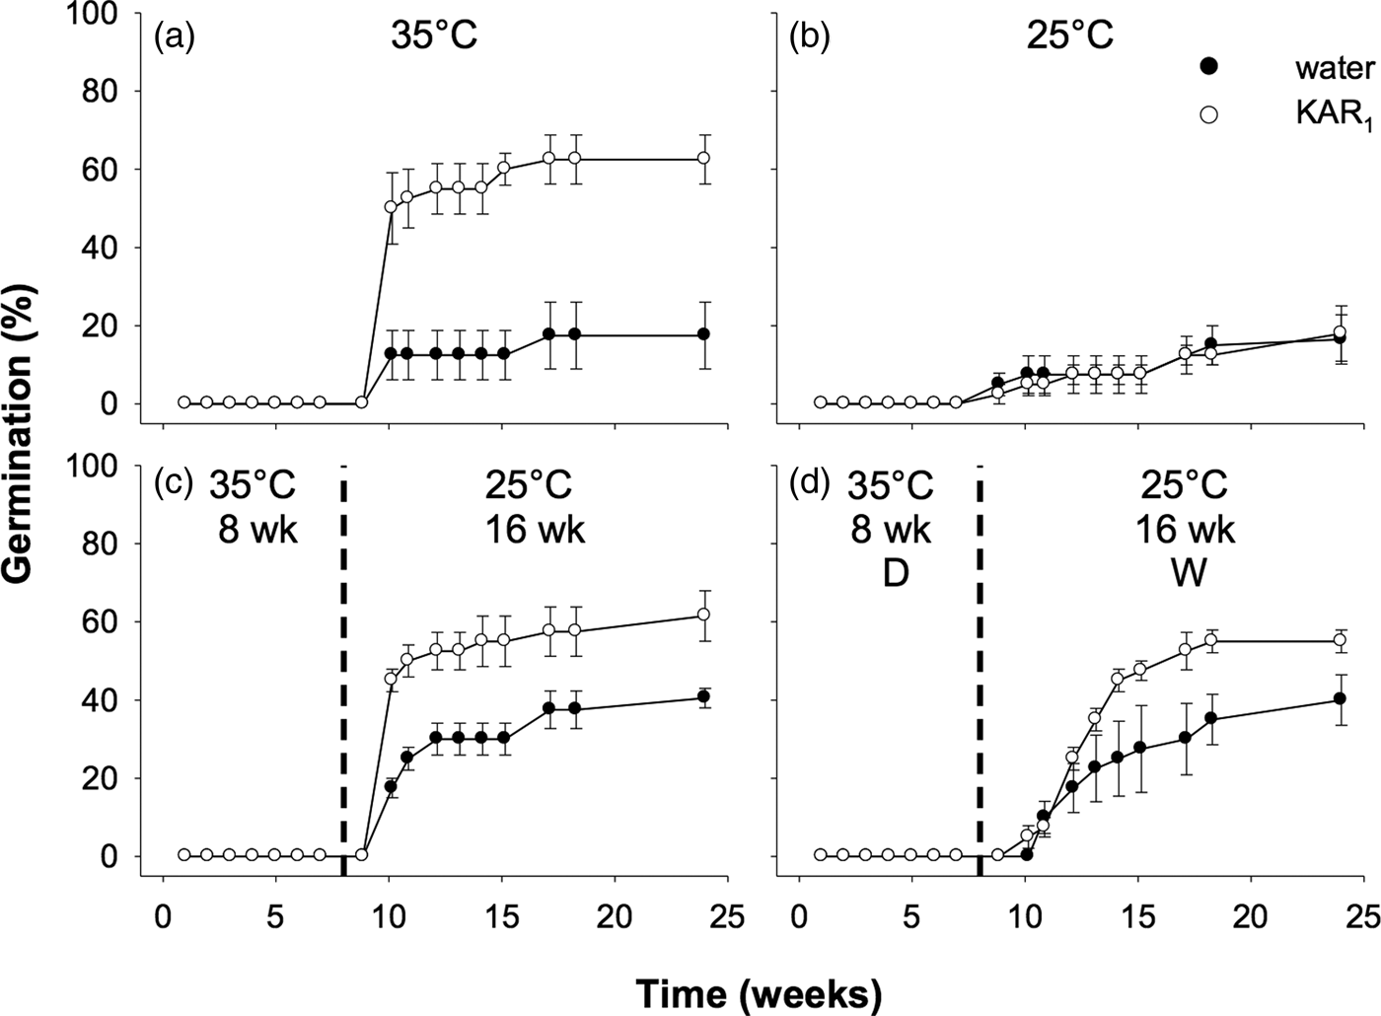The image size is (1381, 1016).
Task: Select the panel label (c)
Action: [174, 487]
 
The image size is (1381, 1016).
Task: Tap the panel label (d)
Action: [810, 487]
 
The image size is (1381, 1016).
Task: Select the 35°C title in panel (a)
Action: [433, 36]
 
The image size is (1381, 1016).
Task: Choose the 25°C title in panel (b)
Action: [1069, 36]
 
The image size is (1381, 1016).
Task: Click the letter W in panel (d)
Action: [1187, 574]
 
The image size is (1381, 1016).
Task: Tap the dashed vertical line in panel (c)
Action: [343, 671]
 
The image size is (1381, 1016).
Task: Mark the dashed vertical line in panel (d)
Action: [980, 671]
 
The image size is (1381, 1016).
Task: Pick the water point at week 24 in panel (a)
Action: [703, 334]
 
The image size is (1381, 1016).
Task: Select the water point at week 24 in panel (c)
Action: [703, 697]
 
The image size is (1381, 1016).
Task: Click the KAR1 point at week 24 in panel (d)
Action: [1340, 640]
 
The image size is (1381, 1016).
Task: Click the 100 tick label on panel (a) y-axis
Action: [102, 14]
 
